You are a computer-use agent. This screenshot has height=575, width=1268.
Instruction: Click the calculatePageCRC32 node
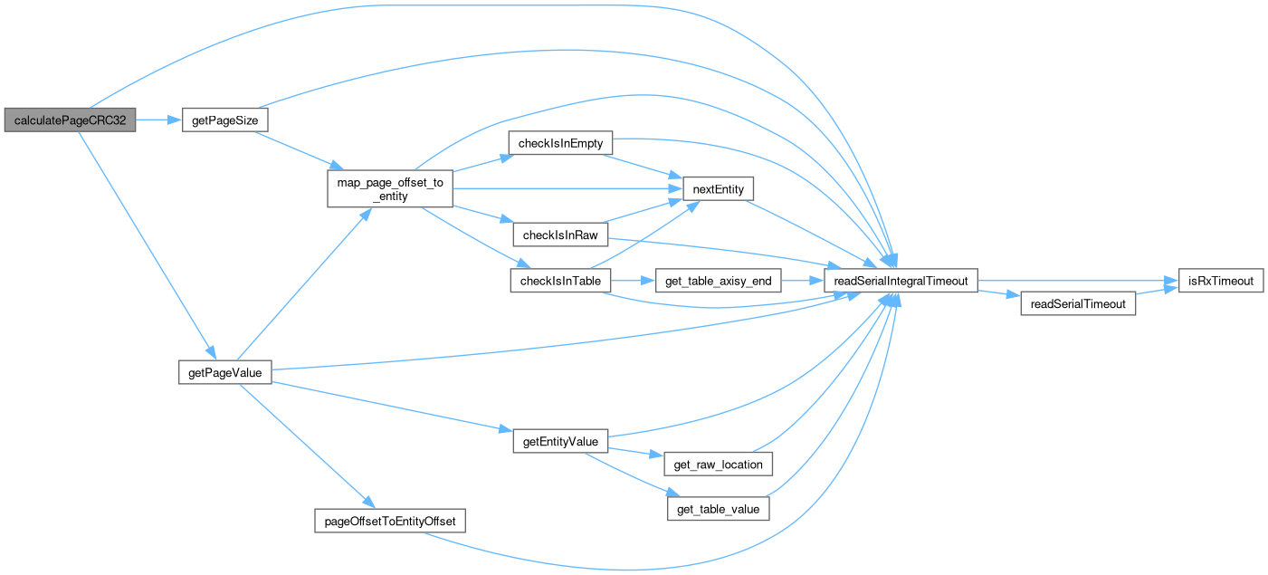(x=69, y=120)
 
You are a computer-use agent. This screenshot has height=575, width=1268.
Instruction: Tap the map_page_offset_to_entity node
(x=389, y=189)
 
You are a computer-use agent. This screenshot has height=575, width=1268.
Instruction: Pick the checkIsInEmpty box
(x=561, y=143)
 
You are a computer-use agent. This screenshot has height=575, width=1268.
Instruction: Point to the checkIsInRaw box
(x=561, y=235)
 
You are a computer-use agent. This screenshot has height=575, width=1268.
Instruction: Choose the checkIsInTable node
(x=561, y=281)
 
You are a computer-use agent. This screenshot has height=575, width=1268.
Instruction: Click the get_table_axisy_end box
(x=718, y=281)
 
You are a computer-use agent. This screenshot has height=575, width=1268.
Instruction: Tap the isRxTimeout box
(x=1219, y=281)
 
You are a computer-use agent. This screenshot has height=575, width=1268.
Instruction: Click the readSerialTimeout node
(x=1078, y=304)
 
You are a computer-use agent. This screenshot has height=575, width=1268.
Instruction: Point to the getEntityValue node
(x=561, y=442)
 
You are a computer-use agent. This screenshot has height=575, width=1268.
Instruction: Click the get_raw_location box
(x=718, y=465)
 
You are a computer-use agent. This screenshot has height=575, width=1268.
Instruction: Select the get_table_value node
(x=718, y=510)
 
